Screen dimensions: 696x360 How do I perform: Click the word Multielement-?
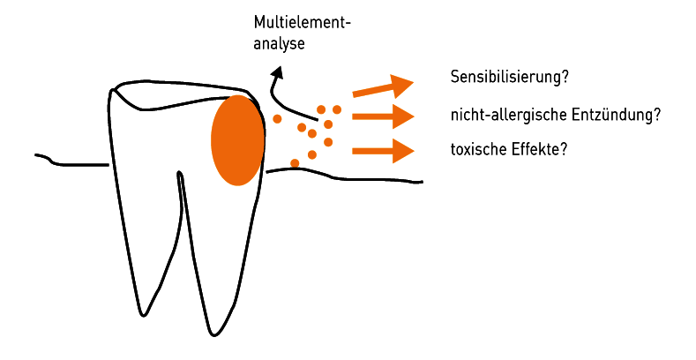tap(302, 23)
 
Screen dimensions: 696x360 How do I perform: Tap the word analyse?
tap(279, 44)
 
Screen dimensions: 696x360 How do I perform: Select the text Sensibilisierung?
tap(510, 77)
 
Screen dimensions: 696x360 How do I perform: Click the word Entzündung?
tap(616, 115)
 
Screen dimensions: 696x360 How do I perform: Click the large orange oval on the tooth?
tap(238, 139)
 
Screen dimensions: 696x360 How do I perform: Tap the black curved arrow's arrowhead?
tap(277, 73)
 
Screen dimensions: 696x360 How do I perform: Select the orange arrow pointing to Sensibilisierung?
tap(383, 86)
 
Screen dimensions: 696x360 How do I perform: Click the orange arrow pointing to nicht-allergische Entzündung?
tap(383, 116)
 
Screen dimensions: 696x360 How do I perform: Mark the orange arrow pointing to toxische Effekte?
tap(383, 151)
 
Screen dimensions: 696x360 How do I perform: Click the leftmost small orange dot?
tap(277, 118)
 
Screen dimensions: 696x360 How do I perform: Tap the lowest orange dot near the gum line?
tap(295, 163)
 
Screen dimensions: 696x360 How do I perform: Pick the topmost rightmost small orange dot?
tap(337, 109)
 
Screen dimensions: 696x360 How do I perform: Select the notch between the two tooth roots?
tap(180, 173)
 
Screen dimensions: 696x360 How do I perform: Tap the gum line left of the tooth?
tap(72, 161)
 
